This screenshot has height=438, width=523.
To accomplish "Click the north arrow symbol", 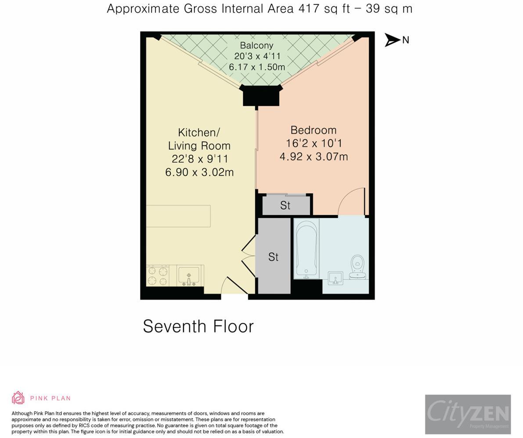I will (x=392, y=40).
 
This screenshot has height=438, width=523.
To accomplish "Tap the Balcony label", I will (x=256, y=45).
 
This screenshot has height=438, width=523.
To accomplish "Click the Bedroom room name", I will (x=314, y=130).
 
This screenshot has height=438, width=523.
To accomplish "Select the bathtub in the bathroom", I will (x=306, y=249).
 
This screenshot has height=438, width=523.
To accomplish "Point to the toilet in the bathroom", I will (x=358, y=267).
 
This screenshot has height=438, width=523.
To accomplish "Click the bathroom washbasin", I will (x=335, y=278).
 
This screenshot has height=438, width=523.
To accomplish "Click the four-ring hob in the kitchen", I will (x=157, y=276).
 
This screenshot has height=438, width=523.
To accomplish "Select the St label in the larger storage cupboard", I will (x=273, y=257).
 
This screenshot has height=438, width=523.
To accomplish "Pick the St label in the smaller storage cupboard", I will (x=285, y=205).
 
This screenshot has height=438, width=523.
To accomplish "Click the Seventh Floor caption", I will (x=198, y=326).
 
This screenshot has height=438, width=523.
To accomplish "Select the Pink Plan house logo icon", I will (x=18, y=398).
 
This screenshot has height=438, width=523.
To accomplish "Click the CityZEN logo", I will (x=468, y=414).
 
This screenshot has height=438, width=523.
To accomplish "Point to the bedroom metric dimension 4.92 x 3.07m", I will (x=314, y=156).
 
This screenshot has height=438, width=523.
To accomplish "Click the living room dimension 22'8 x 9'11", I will (x=200, y=159).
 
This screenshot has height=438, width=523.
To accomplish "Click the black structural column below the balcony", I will (x=261, y=96).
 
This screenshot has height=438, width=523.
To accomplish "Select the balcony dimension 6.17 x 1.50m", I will (x=257, y=67).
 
